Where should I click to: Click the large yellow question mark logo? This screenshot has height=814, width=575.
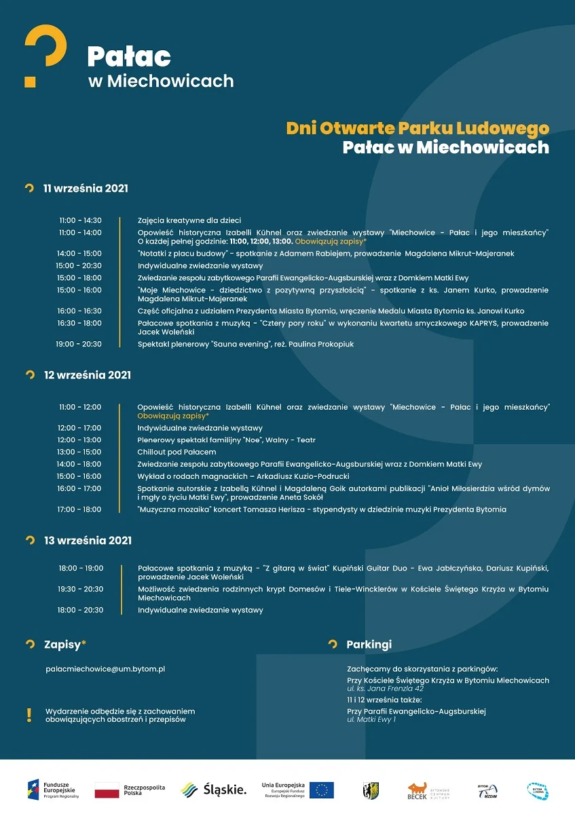[x=45, y=56]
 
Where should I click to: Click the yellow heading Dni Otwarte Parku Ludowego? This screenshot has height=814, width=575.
[x=418, y=128]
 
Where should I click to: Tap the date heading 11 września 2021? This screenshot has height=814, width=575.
[x=86, y=188]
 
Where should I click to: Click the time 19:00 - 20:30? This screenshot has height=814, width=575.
[x=79, y=344]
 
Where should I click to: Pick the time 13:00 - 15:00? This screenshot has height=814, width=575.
[x=79, y=452]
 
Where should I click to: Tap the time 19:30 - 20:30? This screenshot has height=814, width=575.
[x=81, y=589]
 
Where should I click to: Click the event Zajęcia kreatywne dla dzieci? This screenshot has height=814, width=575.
[x=189, y=220]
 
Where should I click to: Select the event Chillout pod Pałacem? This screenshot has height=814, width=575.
[x=177, y=452]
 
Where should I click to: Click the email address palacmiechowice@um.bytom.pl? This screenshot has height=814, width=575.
[x=105, y=669]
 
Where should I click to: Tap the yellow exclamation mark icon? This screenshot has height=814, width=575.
[x=29, y=714]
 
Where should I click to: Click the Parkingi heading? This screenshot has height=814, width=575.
[x=369, y=644]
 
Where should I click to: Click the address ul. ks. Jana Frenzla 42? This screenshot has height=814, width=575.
[x=385, y=689]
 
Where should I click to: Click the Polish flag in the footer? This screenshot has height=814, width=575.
[x=107, y=790]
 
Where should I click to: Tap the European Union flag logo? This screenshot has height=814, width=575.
[x=321, y=790]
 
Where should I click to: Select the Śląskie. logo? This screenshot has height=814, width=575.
[x=213, y=790]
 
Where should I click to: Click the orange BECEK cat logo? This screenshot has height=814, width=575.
[x=417, y=790]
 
